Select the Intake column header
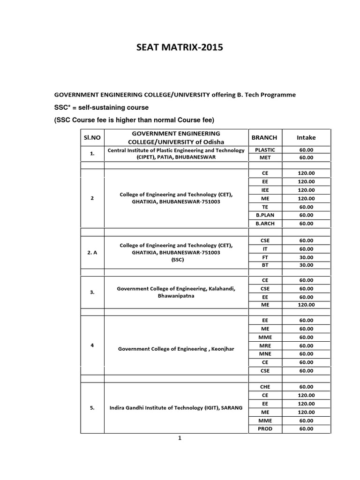[306, 137]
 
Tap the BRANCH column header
[264, 137]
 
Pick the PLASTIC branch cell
[265, 150]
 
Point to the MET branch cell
[265, 158]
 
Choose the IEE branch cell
[265, 190]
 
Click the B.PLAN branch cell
[265, 215]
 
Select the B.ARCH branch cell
[265, 224]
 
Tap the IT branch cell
[265, 249]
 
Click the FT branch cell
[265, 257]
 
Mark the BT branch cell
[265, 265]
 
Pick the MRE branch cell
[265, 345]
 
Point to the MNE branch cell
[265, 353]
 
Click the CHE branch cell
[265, 387]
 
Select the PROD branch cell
[265, 429]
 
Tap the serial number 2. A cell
[92, 253]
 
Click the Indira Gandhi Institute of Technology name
[176, 408]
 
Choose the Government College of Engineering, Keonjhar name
[176, 349]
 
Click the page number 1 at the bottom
[179, 438]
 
